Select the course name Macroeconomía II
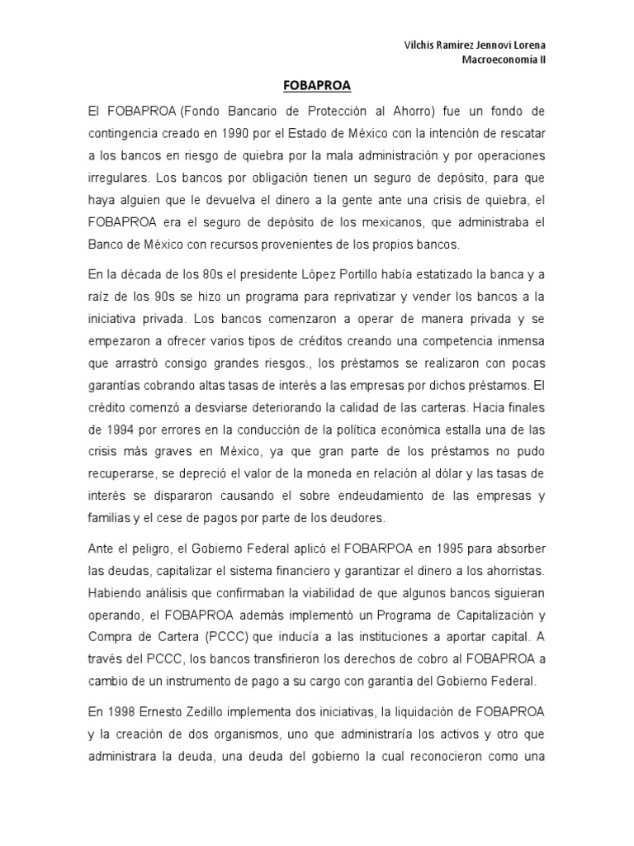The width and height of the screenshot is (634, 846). (503, 59)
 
